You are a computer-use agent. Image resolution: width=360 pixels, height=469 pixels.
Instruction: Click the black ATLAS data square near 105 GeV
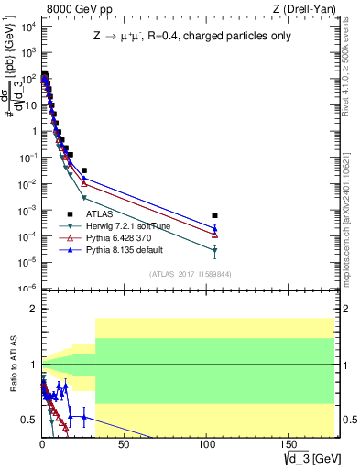214,215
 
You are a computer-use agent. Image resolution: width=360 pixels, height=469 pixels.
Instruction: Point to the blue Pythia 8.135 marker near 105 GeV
214,228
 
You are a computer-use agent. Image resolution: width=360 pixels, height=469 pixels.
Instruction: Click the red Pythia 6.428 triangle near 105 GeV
214,234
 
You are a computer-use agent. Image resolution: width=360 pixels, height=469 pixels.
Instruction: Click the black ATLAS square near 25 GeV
84,170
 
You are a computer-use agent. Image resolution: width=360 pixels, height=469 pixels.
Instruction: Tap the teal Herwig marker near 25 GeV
84,198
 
